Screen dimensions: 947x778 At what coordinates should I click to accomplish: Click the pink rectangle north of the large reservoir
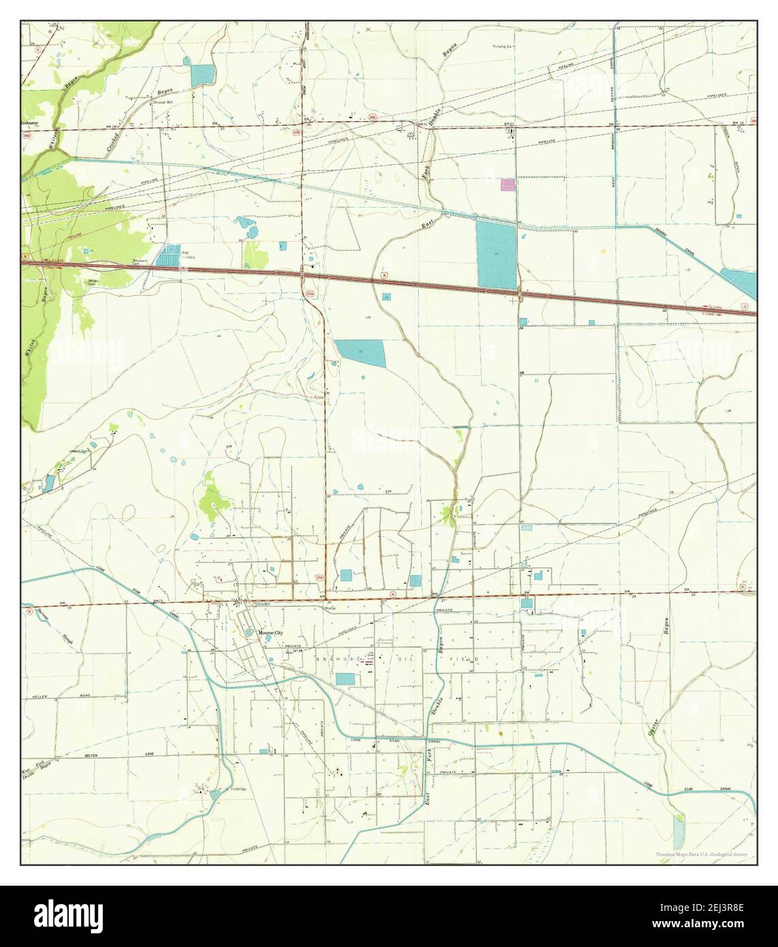click(508, 184)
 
